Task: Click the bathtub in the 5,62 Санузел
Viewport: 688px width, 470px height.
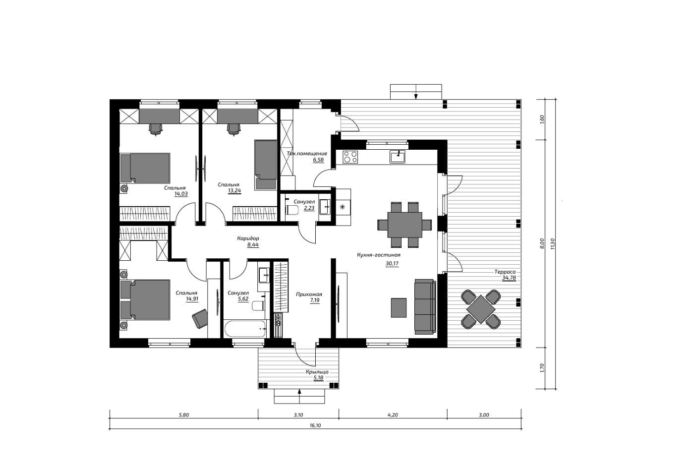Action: pos(245,329)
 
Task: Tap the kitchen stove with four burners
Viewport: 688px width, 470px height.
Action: pos(350,157)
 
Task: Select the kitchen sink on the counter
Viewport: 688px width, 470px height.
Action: pos(398,157)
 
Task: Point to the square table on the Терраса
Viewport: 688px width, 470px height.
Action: pos(481,309)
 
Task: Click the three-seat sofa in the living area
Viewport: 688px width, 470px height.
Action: pos(425,306)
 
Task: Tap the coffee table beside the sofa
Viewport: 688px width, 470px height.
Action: pos(399,307)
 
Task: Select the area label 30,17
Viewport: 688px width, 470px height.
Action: pos(392,264)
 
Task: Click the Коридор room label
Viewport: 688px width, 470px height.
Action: pos(248,238)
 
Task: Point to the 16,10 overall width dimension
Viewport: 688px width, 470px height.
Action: pos(315,425)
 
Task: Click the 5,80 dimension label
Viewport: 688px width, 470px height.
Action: pos(184,415)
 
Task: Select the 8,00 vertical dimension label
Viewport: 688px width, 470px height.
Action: pos(542,243)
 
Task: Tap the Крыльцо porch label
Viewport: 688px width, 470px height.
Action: pos(317,372)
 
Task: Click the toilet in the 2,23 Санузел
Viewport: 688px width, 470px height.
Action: pos(292,210)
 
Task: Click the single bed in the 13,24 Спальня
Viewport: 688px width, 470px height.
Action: pos(266,165)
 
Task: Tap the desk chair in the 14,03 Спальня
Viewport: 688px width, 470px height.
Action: pos(156,129)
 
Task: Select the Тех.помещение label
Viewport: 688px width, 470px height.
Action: pos(307,153)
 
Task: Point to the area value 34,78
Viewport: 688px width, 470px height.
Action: pos(509,278)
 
